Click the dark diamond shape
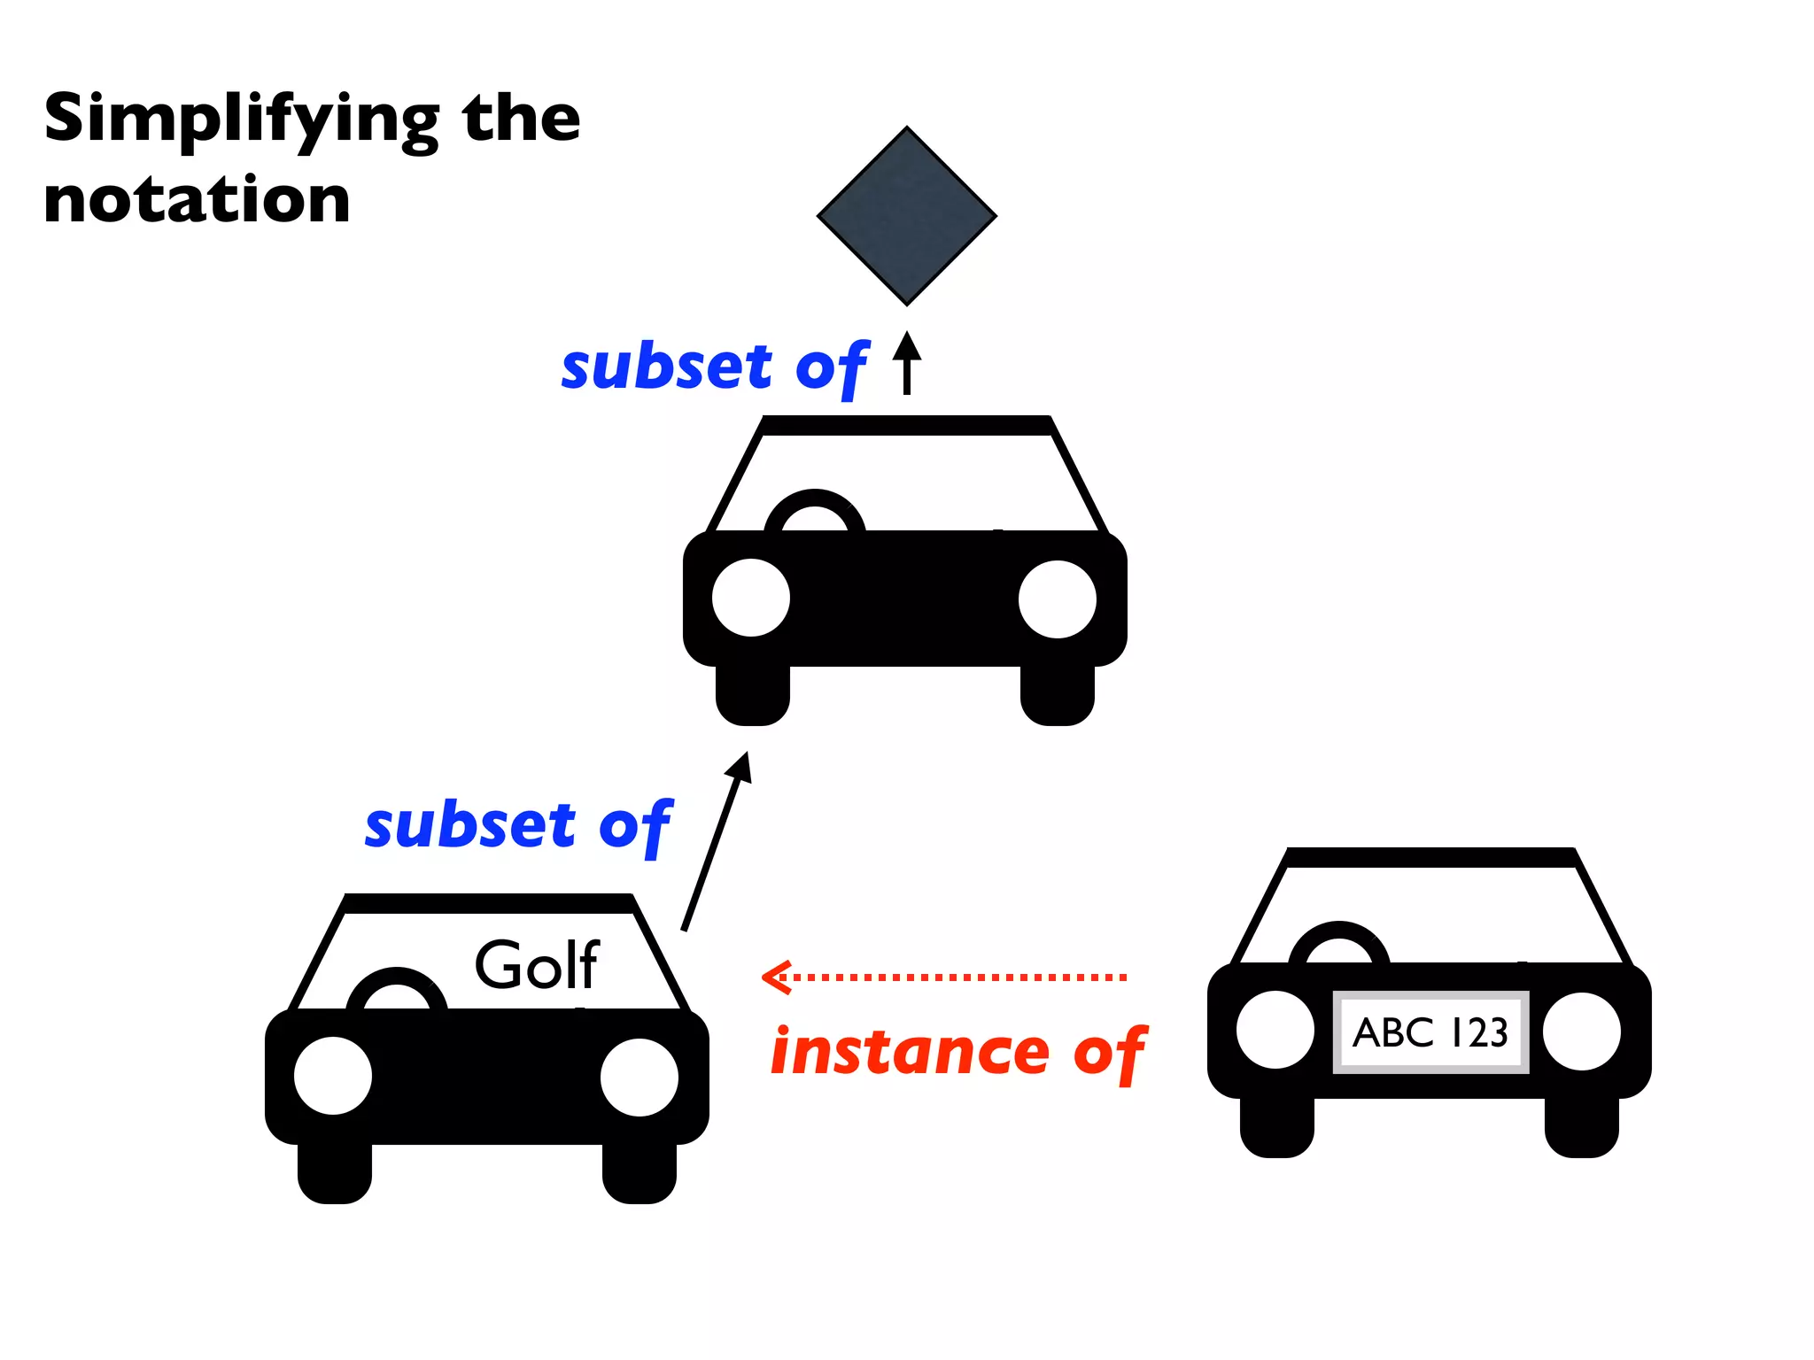(906, 215)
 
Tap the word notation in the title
(197, 200)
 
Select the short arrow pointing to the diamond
(906, 363)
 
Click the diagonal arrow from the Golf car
(716, 841)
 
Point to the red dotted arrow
(944, 977)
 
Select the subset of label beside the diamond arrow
(714, 367)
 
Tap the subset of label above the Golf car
(518, 825)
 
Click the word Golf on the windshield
(537, 964)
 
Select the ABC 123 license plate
(1430, 1032)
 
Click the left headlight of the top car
(750, 598)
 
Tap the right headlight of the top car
(1057, 599)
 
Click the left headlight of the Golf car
(333, 1075)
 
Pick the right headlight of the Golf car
(639, 1077)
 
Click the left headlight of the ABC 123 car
(1275, 1030)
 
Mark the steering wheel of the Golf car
(397, 988)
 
